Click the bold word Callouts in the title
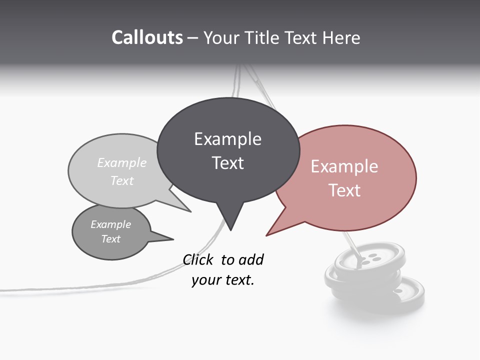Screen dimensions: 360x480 (147, 38)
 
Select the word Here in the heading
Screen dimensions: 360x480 (341, 38)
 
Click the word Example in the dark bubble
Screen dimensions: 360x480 (227, 139)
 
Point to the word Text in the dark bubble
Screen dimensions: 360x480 (228, 163)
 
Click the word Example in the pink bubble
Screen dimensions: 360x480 (344, 166)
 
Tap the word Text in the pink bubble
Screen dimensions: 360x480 (344, 190)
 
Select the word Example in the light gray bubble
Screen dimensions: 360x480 (122, 163)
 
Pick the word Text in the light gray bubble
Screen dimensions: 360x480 (122, 180)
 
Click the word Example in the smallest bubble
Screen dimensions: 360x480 (110, 224)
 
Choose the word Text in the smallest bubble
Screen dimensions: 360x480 (110, 239)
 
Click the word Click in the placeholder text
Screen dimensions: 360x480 (198, 260)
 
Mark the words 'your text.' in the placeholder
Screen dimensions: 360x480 (223, 280)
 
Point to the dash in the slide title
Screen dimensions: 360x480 (193, 38)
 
